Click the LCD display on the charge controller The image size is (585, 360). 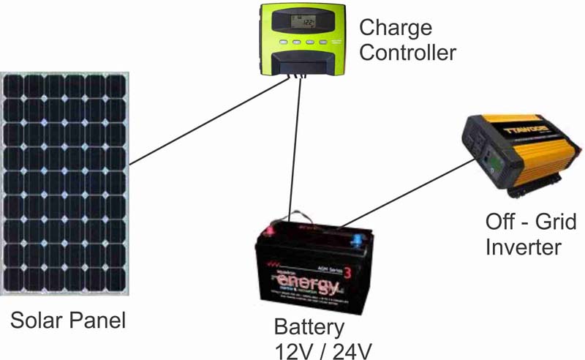point(301,25)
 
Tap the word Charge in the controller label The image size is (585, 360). point(396,29)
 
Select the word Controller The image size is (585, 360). point(408,53)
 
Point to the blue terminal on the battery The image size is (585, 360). point(357,239)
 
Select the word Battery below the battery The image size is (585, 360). point(308,326)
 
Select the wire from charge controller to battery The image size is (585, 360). point(295,146)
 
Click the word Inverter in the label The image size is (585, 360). point(523,247)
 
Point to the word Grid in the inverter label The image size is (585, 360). point(551,222)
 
